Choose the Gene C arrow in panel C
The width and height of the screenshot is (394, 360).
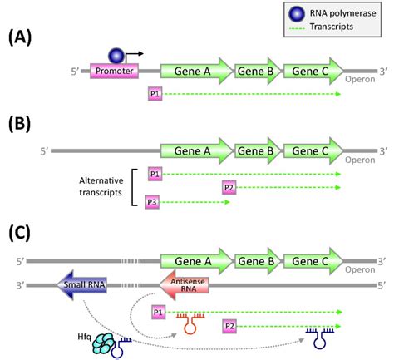[313, 260]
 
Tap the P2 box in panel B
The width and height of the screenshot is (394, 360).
[230, 188]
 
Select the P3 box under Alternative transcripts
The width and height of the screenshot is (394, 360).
[152, 201]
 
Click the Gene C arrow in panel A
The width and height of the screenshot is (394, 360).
[313, 72]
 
